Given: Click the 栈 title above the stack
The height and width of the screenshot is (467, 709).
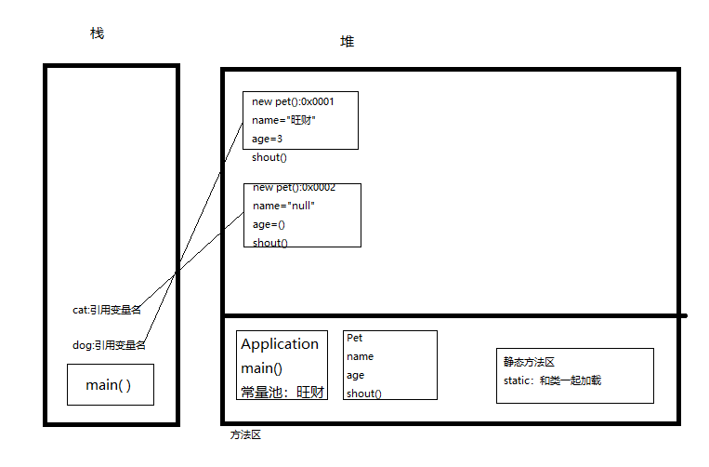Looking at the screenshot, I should tap(97, 33).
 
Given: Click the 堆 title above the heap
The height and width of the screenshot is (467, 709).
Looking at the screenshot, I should tap(347, 42).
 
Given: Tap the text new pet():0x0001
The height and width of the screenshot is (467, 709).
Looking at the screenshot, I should tap(293, 101).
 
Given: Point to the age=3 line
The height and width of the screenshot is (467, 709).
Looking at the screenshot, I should tap(267, 139).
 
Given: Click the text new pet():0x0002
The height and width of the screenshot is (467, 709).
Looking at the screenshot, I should tap(294, 187).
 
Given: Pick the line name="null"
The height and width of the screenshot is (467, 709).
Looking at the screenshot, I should tap(283, 206).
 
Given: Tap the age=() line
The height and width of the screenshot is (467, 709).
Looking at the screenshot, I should tap(269, 224).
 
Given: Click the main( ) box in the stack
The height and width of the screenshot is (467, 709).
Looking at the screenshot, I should tap(110, 384).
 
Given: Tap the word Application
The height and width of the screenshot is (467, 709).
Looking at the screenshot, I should tap(280, 344).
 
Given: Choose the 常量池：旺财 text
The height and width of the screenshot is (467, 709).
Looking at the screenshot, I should tap(282, 393).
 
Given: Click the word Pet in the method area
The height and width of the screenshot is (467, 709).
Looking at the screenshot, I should tap(354, 338).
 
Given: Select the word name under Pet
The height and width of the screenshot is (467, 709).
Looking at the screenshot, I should tap(361, 356).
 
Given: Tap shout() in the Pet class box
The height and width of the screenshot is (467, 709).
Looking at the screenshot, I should tap(363, 394).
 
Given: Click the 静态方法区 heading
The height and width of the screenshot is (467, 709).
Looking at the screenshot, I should tap(530, 362).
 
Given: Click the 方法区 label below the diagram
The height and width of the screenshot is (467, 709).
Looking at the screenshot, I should tap(246, 434).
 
